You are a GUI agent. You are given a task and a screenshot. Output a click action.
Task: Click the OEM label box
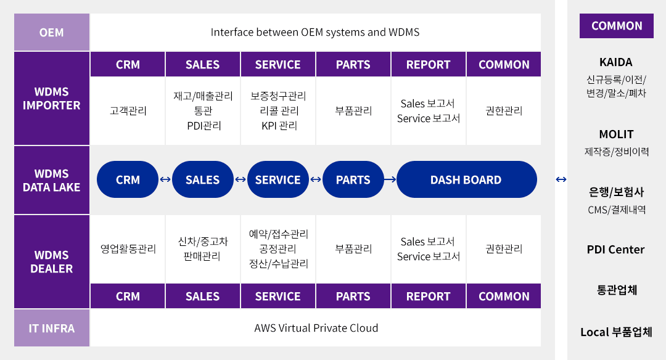tap(51, 32)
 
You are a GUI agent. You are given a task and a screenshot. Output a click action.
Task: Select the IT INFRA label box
tap(51, 328)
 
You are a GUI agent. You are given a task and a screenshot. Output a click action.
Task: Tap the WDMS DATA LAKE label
tap(51, 180)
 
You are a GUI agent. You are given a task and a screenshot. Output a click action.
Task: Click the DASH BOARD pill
tap(466, 179)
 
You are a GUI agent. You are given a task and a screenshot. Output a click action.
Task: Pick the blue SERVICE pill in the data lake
tap(277, 179)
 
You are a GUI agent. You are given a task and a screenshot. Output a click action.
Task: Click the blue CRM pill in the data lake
tap(128, 179)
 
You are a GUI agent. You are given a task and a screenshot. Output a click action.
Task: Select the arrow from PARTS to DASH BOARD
tap(390, 179)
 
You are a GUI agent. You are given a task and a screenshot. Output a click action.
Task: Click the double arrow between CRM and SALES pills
tap(165, 179)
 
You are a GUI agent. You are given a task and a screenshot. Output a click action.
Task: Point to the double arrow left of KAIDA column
tap(561, 179)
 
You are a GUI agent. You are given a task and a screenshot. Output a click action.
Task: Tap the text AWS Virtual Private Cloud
tap(316, 328)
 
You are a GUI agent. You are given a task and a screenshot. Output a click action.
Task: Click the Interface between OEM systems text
tap(315, 32)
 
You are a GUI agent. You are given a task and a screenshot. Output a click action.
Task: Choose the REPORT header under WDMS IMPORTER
tap(428, 65)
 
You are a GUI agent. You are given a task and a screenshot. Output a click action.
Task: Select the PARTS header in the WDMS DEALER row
tap(353, 296)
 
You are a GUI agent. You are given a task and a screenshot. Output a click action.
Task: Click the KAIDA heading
tap(616, 62)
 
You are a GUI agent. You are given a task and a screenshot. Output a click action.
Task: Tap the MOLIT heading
tap(616, 134)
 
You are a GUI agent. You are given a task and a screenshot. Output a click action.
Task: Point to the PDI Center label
tap(615, 249)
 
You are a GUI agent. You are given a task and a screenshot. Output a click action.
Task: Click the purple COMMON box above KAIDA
tap(617, 26)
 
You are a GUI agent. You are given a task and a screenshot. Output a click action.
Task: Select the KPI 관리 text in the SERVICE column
tap(279, 126)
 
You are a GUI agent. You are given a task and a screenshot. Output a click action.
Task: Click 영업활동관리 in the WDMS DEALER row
tap(128, 249)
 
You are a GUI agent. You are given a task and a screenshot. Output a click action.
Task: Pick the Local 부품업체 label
tap(616, 332)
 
